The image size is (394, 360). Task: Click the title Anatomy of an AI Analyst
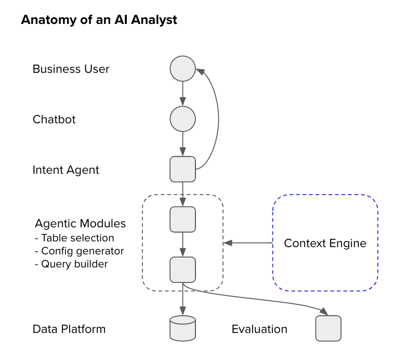99,20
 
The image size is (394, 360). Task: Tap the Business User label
71,69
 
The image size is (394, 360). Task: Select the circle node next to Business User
182,69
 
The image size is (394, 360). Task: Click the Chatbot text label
54,119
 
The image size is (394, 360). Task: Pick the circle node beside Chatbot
182,119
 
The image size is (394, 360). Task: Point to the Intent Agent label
65,170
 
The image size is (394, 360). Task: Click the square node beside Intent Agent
182,169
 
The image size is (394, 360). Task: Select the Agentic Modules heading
80,224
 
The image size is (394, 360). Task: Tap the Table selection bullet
74,238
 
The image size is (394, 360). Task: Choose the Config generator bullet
79,251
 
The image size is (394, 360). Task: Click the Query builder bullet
71,264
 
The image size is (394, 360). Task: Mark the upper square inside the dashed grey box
182,219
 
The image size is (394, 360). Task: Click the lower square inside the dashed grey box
182,269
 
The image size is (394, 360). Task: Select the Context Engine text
325,243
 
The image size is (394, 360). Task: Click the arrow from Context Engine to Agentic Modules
248,243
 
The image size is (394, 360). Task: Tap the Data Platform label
69,329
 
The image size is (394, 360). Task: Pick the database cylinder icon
182,328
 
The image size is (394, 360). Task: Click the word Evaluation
259,329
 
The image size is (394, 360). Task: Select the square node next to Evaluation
328,328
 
